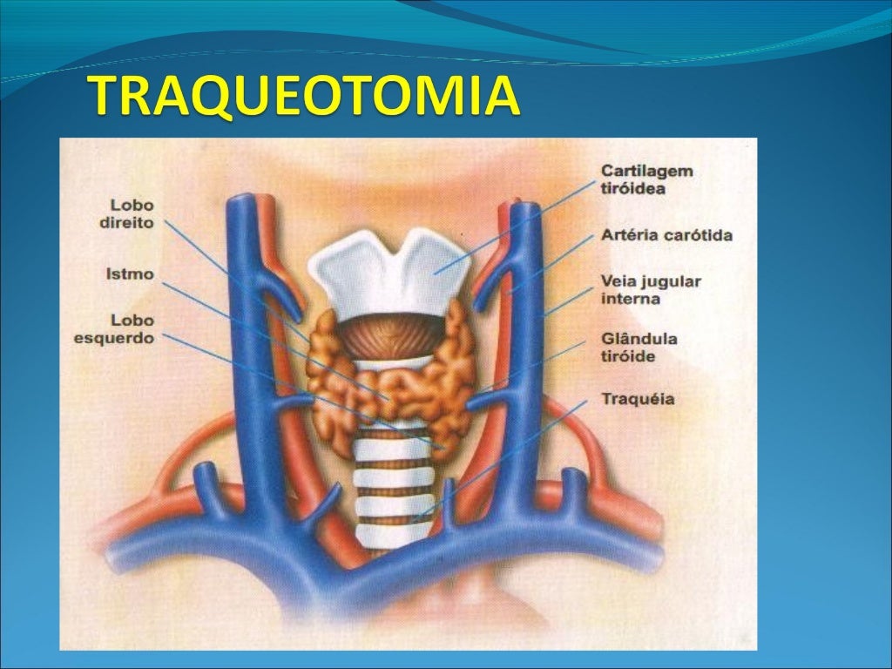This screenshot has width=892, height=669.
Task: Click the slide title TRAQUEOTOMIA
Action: tap(306, 97)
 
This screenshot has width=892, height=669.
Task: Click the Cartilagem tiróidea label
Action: tap(646, 179)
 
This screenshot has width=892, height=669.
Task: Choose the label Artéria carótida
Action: tap(666, 235)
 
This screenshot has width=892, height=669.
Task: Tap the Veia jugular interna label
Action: tap(651, 290)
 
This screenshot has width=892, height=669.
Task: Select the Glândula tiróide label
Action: tap(639, 348)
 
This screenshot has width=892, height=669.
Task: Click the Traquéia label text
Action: tap(638, 399)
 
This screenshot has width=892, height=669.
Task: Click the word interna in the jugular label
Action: tap(631, 299)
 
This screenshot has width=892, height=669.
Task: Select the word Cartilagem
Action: tap(646, 171)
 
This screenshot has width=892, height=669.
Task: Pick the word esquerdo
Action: tap(114, 337)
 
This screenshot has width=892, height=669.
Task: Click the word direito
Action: tap(127, 222)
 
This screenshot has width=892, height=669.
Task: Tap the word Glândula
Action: tap(639, 339)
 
